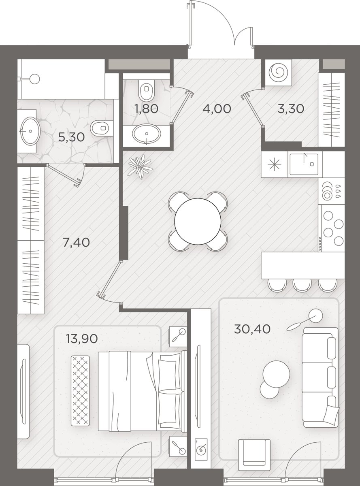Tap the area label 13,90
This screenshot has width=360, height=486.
81,339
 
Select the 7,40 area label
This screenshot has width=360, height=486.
76,242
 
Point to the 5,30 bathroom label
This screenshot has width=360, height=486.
71,137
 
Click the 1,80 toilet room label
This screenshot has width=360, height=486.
147,109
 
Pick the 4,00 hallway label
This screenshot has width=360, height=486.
217,109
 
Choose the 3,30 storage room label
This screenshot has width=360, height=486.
291,109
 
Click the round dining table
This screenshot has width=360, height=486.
198,221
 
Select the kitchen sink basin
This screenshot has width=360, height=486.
304,164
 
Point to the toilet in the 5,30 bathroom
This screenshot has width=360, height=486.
102,128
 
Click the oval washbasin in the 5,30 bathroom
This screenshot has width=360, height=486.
30,131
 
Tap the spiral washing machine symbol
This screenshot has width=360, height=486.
279,73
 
